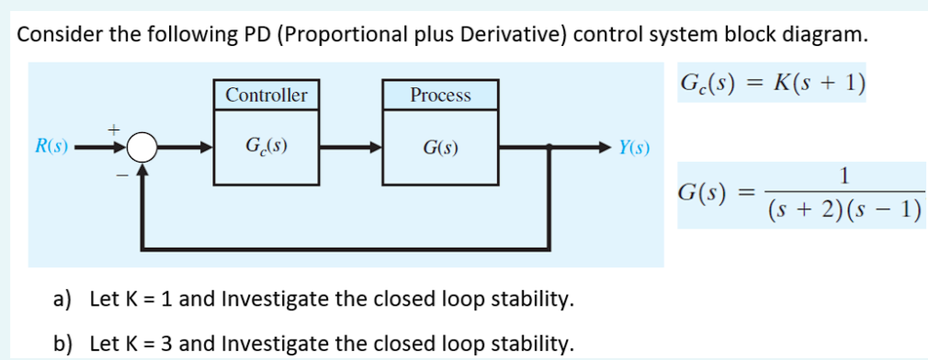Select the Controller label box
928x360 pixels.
(266, 95)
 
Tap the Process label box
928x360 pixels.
(440, 95)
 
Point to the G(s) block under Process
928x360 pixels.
(441, 147)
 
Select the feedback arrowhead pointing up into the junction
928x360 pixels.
(142, 168)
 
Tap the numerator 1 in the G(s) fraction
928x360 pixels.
(843, 174)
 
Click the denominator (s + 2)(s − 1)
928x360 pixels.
(843, 210)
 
